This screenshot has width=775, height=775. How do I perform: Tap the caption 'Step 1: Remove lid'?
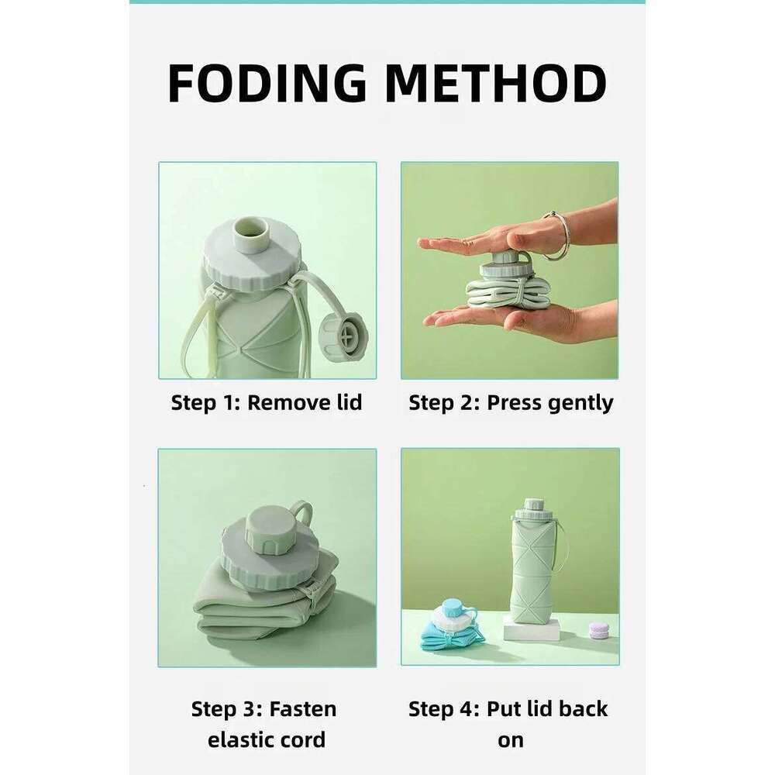pos(267,403)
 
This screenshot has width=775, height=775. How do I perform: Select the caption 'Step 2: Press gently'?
pos(511,403)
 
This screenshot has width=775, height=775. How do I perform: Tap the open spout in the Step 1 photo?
pos(251,230)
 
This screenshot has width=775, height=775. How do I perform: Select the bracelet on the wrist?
pos(560,235)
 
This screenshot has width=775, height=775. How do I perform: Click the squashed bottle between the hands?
pos(508,291)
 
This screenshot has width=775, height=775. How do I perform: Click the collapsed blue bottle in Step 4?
pos(449,632)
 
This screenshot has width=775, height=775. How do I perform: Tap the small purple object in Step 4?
pos(598,630)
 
